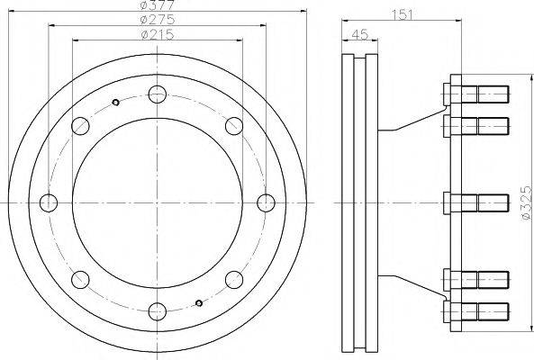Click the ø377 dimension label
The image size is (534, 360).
click(158, 5)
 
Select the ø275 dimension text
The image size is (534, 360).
click(158, 20)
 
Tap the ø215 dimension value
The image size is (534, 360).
click(158, 35)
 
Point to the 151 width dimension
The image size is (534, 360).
click(402, 15)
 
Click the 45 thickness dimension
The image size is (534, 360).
click(360, 34)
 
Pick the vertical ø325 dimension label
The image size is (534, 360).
click(527, 202)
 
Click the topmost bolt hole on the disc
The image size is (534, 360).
click(158, 94)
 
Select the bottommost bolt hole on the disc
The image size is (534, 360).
click(158, 311)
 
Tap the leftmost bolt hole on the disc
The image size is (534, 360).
click(49, 202)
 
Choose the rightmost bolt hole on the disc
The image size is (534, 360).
click(266, 202)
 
